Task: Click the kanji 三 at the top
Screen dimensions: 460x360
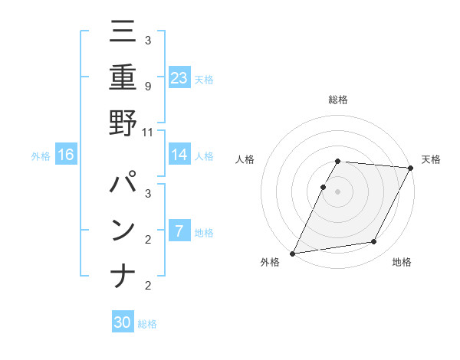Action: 123,32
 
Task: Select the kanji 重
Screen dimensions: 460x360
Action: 123,77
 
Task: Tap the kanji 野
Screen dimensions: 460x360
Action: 123,123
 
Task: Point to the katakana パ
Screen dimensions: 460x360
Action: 123,185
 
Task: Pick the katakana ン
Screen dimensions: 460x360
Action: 123,230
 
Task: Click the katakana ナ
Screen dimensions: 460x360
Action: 123,275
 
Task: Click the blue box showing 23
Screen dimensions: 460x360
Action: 179,77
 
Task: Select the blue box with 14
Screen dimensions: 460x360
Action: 179,155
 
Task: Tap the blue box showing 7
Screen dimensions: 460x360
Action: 179,231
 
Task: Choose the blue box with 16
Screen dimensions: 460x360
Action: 66,155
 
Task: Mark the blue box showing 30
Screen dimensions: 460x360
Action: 123,322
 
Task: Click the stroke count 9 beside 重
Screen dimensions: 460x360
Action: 148,86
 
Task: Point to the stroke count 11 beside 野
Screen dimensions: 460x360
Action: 148,132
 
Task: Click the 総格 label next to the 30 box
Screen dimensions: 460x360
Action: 148,324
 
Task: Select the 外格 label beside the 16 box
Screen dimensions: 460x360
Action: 41,156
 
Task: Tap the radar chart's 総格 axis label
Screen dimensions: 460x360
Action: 338,100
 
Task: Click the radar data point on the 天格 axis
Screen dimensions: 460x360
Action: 411,168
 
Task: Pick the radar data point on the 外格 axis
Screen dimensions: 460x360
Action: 293,253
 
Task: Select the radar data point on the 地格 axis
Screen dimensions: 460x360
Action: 374,242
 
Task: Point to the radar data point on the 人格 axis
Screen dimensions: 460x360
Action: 324,187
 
